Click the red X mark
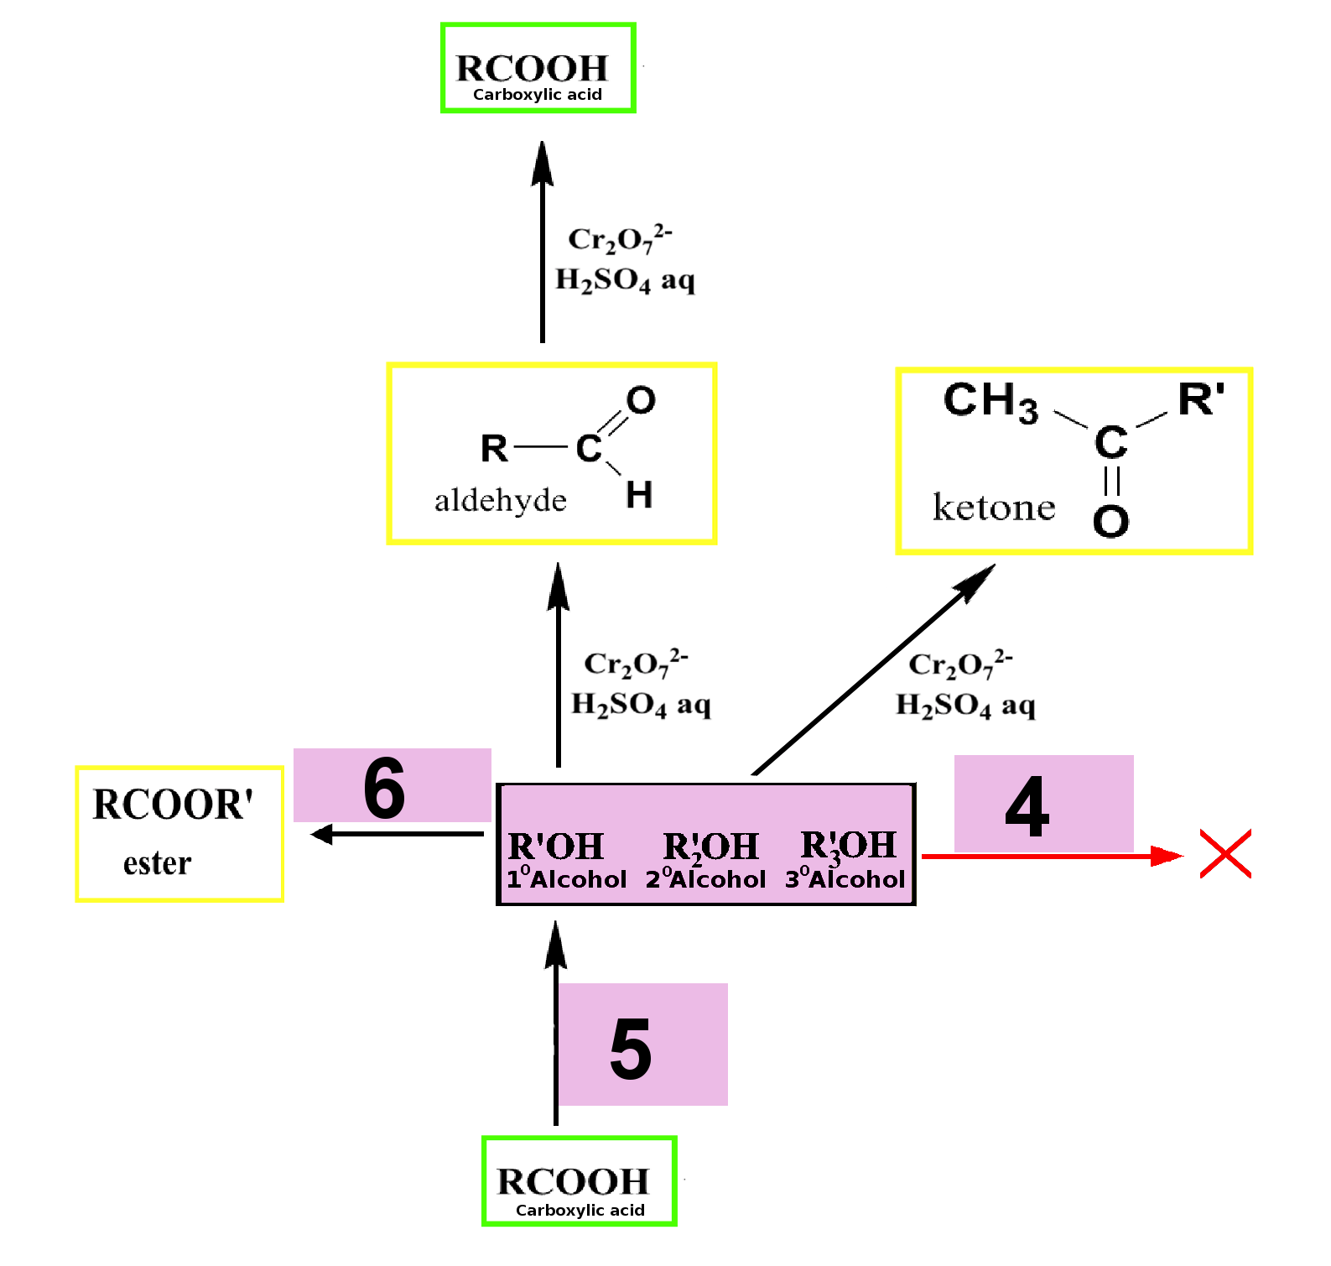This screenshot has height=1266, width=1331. coord(1225,854)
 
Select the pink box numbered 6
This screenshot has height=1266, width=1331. coord(392,785)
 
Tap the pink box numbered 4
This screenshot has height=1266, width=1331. coord(1043,804)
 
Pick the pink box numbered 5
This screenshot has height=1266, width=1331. coord(642,1045)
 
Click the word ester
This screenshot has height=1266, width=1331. coord(157,863)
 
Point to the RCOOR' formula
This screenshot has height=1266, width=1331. coord(173,804)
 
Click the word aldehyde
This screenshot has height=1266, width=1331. coord(501,500)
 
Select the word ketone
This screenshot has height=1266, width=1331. coord(994,508)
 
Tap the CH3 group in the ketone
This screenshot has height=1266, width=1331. coord(990,401)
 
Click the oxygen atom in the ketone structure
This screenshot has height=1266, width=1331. coord(1110,521)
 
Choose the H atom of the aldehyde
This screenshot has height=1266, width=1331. coord(639,494)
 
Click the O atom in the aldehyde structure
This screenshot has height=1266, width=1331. coord(641,400)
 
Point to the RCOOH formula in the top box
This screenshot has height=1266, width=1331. coord(532,68)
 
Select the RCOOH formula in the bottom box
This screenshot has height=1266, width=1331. coord(573,1181)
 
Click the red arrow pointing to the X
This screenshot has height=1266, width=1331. coord(1053,856)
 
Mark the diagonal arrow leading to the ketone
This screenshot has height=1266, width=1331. coord(874,669)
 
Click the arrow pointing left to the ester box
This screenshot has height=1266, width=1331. coord(397,834)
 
